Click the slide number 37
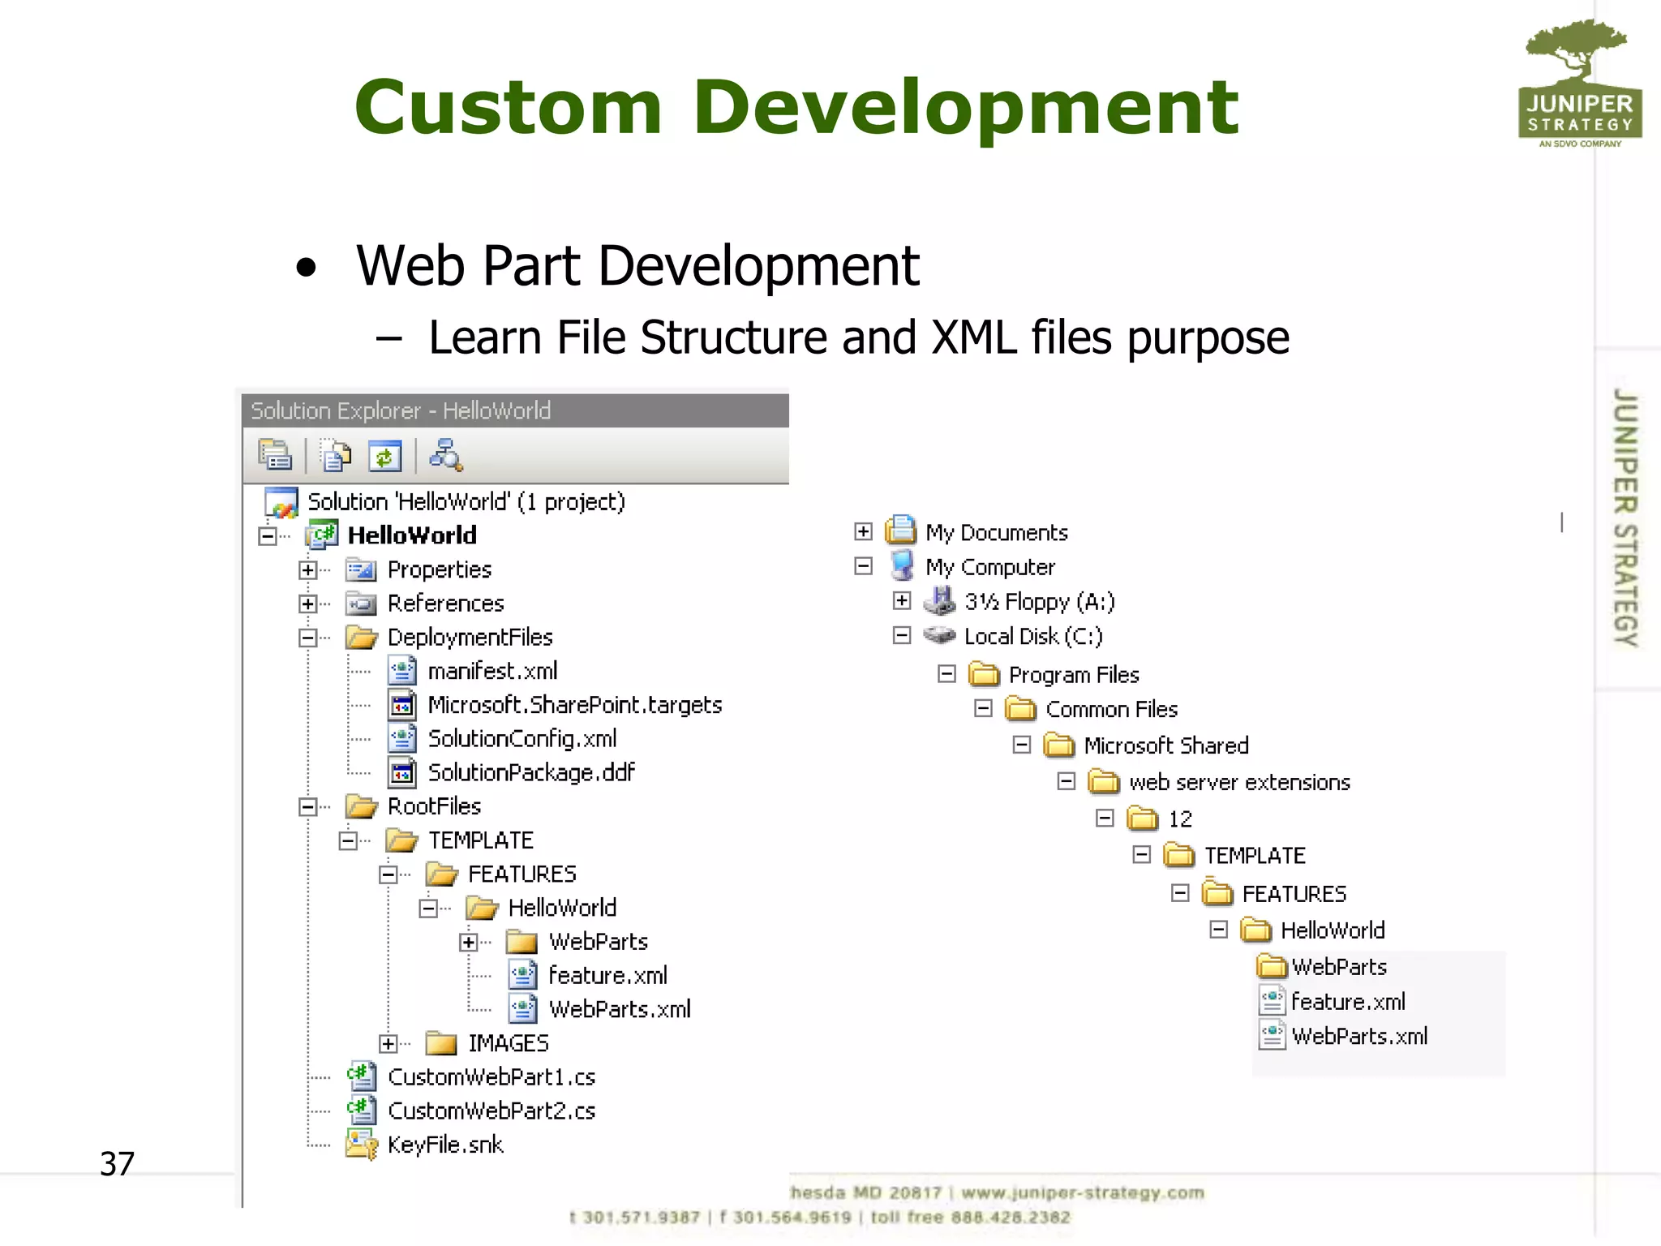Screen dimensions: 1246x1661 click(x=117, y=1164)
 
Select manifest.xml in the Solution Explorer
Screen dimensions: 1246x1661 click(x=492, y=672)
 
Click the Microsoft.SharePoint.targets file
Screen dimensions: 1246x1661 click(x=574, y=706)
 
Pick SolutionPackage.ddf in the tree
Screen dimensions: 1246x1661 click(x=530, y=773)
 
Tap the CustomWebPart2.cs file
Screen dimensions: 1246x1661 click(x=491, y=1111)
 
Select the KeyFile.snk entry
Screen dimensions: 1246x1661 click(x=445, y=1145)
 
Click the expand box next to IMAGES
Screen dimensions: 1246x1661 click(x=388, y=1044)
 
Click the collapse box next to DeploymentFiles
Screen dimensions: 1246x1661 click(x=307, y=638)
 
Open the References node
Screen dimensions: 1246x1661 click(x=445, y=604)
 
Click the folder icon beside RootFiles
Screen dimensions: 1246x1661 click(x=361, y=807)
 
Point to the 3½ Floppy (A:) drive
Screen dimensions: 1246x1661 click(x=1039, y=602)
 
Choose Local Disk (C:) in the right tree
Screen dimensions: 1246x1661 click(x=1032, y=637)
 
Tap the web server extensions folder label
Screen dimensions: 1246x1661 click(x=1239, y=783)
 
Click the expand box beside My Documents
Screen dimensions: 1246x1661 click(x=863, y=532)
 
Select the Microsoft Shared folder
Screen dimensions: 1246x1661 click(x=1165, y=746)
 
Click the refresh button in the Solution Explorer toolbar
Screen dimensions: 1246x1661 click(x=384, y=457)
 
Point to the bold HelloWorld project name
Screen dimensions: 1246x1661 click(x=412, y=536)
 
